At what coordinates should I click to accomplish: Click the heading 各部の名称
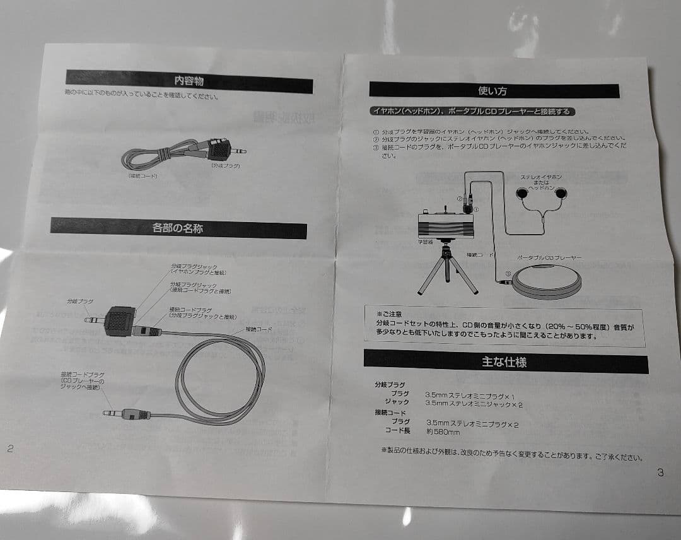pos(178,228)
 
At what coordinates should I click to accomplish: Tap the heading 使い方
pos(492,90)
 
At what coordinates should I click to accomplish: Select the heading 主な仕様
pos(504,362)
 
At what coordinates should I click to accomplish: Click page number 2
pos(10,449)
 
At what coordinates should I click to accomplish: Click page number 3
pos(660,472)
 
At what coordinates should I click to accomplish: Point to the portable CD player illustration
pos(546,281)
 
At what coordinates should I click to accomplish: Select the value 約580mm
pos(442,432)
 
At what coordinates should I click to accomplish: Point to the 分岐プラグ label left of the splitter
pos(80,302)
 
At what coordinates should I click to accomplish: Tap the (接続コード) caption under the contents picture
pos(143,176)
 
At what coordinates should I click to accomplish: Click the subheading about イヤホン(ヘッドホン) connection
pos(472,112)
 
